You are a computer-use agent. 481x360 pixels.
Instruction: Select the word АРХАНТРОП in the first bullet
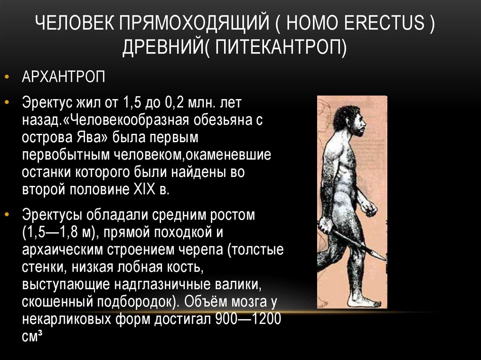[63, 77]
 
